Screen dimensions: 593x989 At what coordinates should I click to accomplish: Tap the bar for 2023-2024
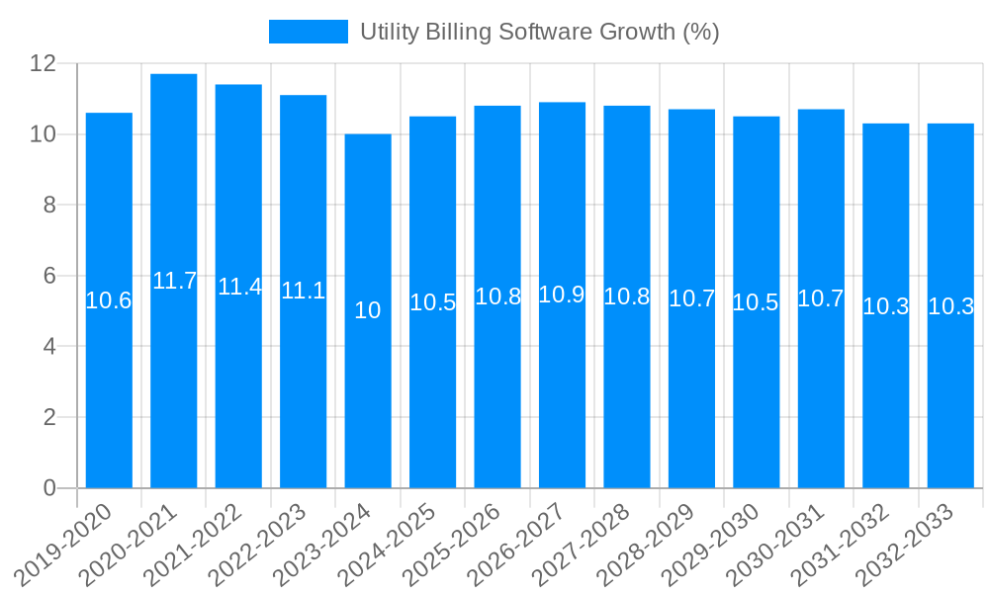point(368,395)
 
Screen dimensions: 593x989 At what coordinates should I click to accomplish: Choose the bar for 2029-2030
point(756,395)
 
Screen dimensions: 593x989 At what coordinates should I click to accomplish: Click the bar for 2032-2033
point(950,395)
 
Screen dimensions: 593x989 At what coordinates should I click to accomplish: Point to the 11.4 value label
point(239,287)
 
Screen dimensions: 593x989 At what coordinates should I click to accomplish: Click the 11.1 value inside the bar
point(304,291)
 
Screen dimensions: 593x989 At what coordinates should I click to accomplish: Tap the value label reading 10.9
point(562,295)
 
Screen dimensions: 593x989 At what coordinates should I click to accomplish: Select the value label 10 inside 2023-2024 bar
point(368,310)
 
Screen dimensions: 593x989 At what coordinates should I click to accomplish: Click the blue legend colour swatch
point(309,32)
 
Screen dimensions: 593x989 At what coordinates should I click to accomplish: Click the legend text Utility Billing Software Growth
point(539,32)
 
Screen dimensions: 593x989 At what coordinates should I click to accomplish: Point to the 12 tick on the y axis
point(43,63)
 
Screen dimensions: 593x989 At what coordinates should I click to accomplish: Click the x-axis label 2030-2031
point(778,544)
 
